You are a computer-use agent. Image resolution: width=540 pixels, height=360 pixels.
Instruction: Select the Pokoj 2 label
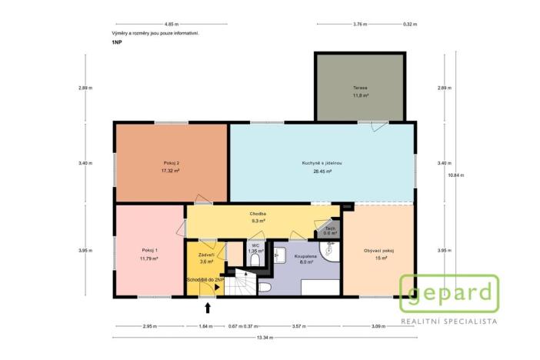tap(171, 163)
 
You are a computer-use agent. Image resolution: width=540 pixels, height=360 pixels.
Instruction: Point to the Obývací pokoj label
tap(378, 251)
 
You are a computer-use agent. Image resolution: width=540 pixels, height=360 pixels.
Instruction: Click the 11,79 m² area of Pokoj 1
tap(149, 258)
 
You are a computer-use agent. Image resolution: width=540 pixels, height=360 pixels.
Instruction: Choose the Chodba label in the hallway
tap(258, 213)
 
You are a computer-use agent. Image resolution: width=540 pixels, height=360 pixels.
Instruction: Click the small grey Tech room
tap(329, 229)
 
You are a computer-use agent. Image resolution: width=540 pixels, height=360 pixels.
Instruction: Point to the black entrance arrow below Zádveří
tap(208, 308)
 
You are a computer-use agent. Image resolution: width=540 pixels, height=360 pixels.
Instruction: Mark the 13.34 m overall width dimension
tap(264, 338)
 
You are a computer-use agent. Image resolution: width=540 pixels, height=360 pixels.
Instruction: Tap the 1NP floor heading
tap(116, 44)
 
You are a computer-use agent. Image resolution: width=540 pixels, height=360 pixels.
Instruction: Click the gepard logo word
tap(449, 293)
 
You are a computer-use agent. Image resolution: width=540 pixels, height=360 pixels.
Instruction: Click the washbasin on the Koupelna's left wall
tap(280, 256)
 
